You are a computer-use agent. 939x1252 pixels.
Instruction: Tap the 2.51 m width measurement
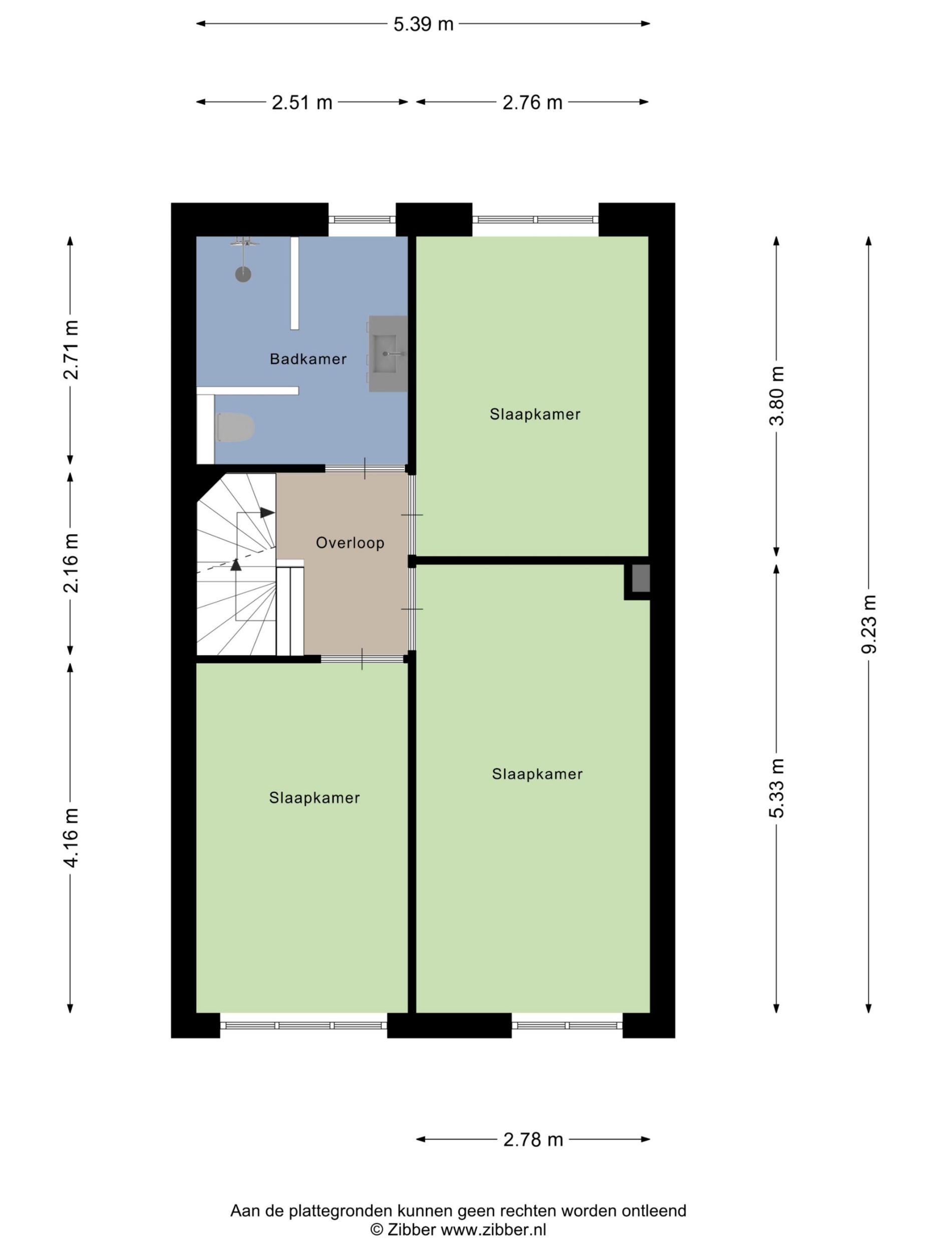pos(301,103)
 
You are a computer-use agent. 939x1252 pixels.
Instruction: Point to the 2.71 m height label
pos(71,349)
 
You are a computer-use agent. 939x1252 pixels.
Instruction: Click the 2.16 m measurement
pos(71,562)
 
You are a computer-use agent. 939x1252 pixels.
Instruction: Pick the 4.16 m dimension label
pos(71,838)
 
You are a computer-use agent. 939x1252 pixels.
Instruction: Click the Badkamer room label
pos(308,359)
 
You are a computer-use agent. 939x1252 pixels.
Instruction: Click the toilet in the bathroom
pos(235,428)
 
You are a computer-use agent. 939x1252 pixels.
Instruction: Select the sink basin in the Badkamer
pos(388,354)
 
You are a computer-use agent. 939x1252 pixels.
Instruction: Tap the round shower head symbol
pos(243,274)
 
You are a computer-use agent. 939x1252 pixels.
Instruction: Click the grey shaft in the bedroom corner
pos(641,578)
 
